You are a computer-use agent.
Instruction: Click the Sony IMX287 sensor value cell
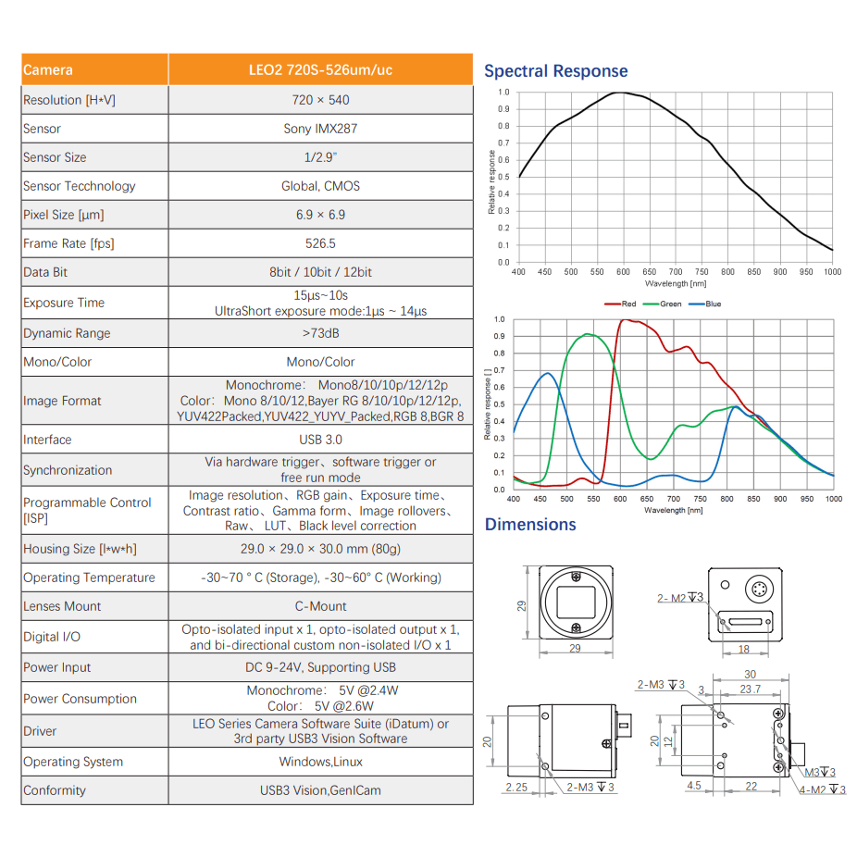pyautogui.click(x=320, y=129)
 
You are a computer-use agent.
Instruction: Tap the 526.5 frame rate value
pyautogui.click(x=320, y=243)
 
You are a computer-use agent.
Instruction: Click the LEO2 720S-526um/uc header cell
pyautogui.click(x=320, y=70)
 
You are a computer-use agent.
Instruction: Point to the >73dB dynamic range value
pyautogui.click(x=320, y=333)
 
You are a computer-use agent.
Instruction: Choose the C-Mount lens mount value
pyautogui.click(x=320, y=606)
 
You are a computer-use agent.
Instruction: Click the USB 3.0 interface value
pyautogui.click(x=320, y=440)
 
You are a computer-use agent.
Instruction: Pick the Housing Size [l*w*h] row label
pyautogui.click(x=80, y=549)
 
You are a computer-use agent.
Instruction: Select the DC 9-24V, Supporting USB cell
pyautogui.click(x=320, y=667)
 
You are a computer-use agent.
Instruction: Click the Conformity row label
pyautogui.click(x=55, y=790)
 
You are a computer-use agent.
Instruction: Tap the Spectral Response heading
pyautogui.click(x=555, y=71)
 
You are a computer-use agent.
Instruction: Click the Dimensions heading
pyautogui.click(x=530, y=525)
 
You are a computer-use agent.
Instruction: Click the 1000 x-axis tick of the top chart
pyautogui.click(x=832, y=272)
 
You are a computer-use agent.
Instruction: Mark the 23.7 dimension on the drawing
pyautogui.click(x=751, y=689)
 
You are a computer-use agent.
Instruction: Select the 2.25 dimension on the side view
pyautogui.click(x=516, y=787)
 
